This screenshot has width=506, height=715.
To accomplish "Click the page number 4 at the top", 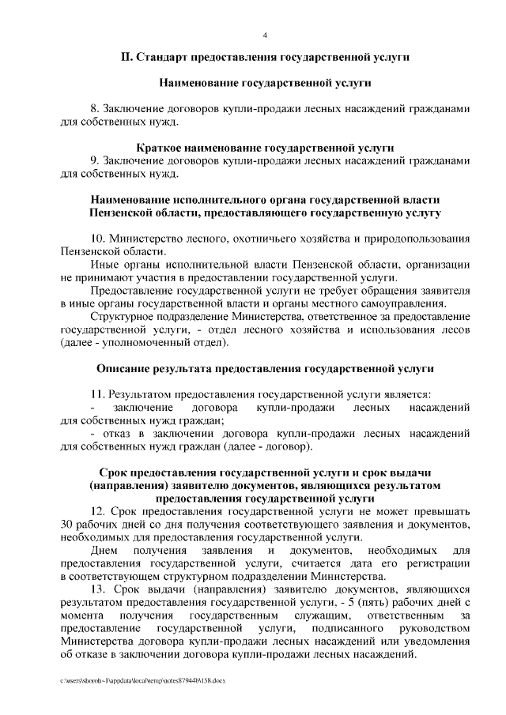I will (265, 35).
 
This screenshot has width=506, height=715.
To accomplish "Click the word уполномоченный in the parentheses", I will (145, 342).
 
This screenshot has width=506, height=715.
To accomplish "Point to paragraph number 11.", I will (98, 393).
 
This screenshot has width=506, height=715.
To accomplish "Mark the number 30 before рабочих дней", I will (67, 524).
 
